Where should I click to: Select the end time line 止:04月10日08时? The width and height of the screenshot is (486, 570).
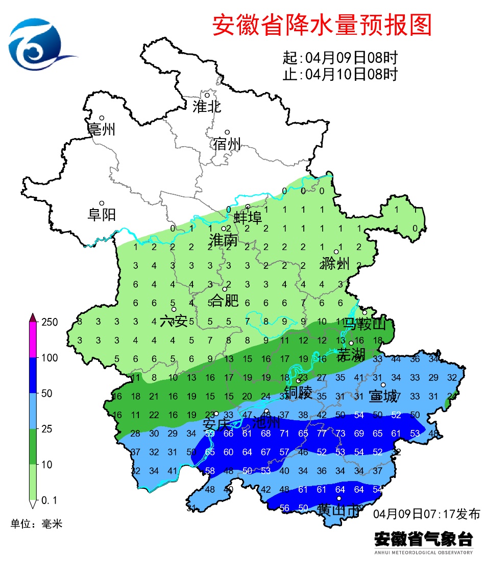click(x=340, y=75)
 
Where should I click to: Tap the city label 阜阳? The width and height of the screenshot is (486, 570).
click(x=102, y=215)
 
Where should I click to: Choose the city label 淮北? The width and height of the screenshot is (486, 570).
click(x=206, y=106)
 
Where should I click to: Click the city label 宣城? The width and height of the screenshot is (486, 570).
click(x=382, y=396)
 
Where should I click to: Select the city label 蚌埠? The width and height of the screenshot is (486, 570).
click(x=248, y=218)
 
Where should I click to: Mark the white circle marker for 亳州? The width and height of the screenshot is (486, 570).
click(x=102, y=118)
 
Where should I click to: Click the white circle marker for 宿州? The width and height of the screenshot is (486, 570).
click(x=228, y=132)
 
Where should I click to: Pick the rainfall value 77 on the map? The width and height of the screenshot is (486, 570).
click(x=322, y=434)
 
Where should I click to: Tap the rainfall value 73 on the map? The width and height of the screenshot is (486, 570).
click(x=341, y=434)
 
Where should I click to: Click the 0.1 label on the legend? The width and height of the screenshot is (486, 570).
click(x=49, y=499)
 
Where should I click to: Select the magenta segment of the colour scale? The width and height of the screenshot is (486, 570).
click(x=33, y=340)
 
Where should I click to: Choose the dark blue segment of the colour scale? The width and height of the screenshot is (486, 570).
click(x=33, y=375)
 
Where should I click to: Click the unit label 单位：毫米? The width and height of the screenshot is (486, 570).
click(x=36, y=524)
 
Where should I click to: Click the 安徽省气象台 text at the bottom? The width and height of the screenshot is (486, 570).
click(x=423, y=539)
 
